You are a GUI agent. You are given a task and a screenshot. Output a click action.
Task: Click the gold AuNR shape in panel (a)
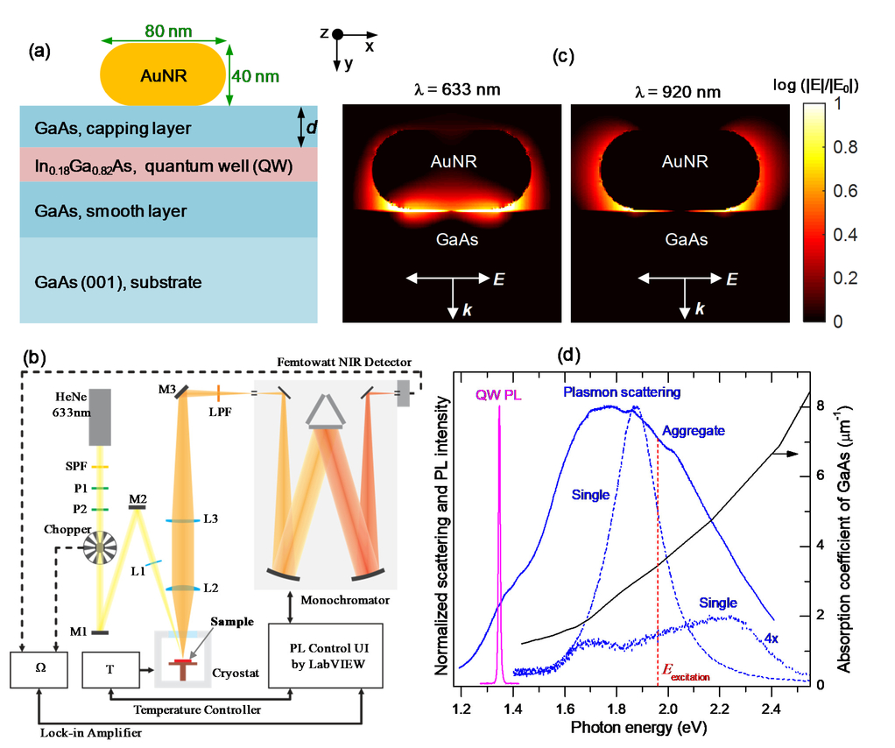click(163, 74)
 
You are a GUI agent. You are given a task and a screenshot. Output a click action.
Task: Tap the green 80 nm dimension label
click(168, 31)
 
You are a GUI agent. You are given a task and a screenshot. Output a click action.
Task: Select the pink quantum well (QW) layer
click(168, 165)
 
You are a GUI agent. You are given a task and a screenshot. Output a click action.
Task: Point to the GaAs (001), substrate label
click(118, 282)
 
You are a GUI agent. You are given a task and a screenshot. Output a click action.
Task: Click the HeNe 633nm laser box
click(100, 417)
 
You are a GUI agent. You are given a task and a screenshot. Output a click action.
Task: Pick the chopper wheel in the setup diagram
click(100, 547)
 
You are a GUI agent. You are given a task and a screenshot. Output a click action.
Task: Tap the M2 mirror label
click(138, 499)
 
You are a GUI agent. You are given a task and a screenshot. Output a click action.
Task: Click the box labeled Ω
click(39, 670)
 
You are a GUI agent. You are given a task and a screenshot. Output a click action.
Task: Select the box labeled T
click(110, 670)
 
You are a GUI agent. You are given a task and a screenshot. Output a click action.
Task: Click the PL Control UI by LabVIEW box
click(326, 655)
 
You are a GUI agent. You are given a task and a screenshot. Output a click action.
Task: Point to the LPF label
click(221, 412)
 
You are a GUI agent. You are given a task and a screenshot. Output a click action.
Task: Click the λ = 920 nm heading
click(678, 92)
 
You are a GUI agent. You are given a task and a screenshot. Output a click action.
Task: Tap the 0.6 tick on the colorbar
click(845, 191)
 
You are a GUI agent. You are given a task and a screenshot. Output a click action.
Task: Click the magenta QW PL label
click(498, 395)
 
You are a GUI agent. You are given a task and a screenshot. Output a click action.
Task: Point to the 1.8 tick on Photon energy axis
click(617, 709)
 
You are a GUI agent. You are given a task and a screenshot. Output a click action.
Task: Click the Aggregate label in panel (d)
click(694, 431)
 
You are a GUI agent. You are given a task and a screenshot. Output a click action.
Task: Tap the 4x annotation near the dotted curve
click(772, 639)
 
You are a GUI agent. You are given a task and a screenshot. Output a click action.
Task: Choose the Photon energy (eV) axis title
click(638, 728)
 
